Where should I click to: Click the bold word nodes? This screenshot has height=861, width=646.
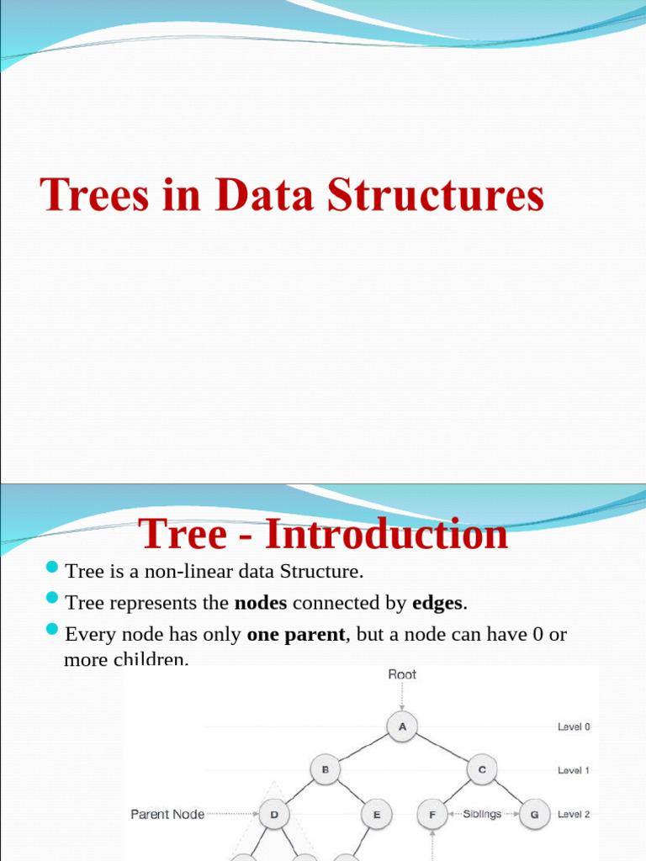(261, 603)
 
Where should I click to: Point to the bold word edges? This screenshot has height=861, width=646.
(437, 603)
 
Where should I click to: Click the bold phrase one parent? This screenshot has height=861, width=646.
(296, 634)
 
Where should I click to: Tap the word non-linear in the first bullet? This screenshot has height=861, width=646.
(189, 572)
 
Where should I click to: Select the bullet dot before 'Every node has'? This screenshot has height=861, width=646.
(52, 631)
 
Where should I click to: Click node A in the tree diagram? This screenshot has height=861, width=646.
(403, 726)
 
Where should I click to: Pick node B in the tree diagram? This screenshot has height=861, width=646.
(325, 769)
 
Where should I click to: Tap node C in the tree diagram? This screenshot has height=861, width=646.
(482, 769)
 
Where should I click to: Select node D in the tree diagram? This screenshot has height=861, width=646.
(274, 814)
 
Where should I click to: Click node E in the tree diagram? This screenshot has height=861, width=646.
(376, 814)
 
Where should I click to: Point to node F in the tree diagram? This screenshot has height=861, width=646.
(432, 814)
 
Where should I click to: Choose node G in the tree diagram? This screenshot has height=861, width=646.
(534, 814)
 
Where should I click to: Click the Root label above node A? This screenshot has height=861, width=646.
(402, 674)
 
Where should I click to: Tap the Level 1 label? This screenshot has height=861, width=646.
(574, 769)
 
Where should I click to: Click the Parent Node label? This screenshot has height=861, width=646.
(167, 814)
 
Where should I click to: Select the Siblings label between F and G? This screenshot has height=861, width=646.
(483, 814)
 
